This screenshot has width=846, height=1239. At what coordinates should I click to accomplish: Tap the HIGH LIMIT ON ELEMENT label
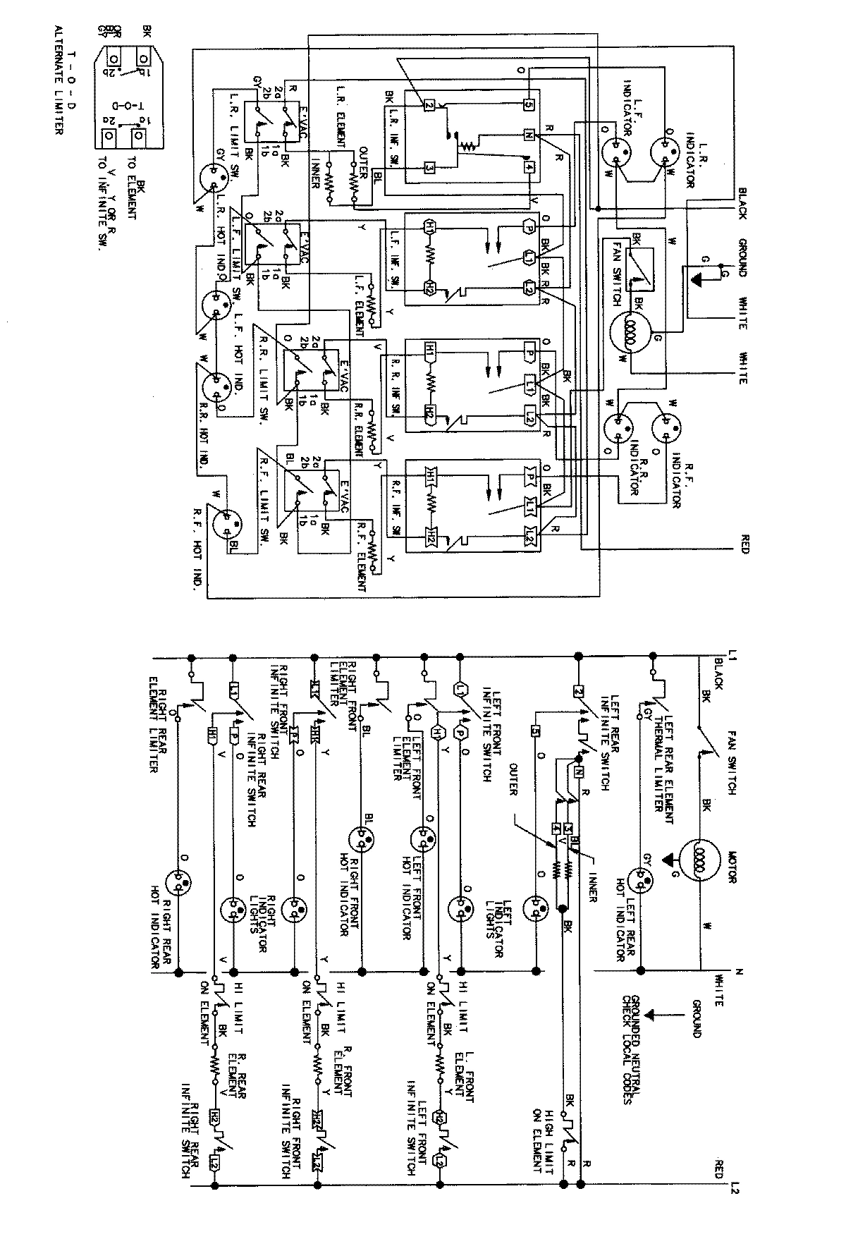(x=547, y=1128)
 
